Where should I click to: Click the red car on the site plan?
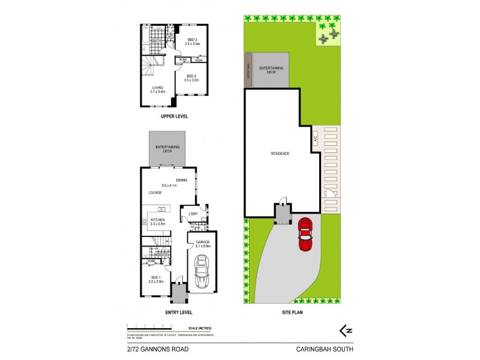[305, 235]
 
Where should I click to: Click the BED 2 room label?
[191, 77]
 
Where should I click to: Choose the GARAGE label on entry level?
[202, 243]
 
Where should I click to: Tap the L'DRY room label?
[193, 214]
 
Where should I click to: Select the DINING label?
[182, 181]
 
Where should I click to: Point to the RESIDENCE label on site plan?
[280, 154]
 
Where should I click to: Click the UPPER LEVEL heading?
[174, 116]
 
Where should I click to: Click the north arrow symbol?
[345, 329]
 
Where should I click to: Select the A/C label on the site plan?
[314, 139]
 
